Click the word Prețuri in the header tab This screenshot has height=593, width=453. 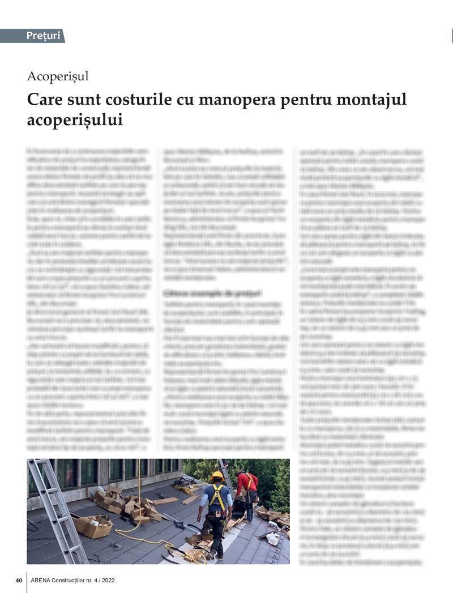pyautogui.click(x=43, y=36)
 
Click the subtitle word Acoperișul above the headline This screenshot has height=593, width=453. pyautogui.click(x=58, y=76)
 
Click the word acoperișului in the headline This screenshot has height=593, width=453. pyautogui.click(x=75, y=120)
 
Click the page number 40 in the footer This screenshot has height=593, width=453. pyautogui.click(x=19, y=580)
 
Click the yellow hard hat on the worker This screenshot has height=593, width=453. pyautogui.click(x=217, y=475)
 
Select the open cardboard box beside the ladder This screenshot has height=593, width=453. pyautogui.click(x=93, y=526)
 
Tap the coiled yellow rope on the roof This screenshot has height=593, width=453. pyautogui.click(x=187, y=552)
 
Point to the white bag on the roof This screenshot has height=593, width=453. pyautogui.click(x=272, y=539)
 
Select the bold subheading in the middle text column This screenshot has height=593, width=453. pyautogui.click(x=212, y=293)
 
